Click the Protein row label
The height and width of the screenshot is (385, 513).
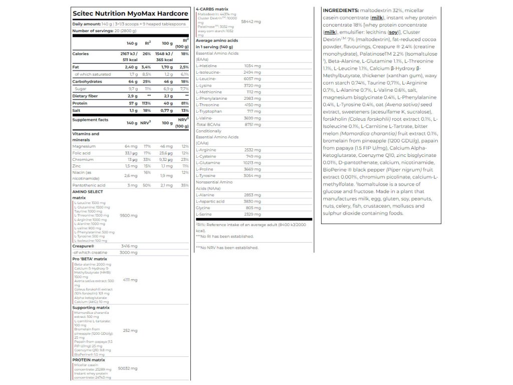point(80,102)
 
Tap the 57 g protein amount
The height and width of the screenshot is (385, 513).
point(132,102)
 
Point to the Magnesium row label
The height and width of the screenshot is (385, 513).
point(83,146)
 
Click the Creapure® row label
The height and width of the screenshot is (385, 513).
point(83,246)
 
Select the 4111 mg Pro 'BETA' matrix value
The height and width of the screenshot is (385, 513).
point(129,280)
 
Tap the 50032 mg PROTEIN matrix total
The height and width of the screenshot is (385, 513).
point(127,368)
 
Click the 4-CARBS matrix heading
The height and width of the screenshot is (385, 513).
point(212,9)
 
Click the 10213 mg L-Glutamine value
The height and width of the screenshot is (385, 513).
point(252,162)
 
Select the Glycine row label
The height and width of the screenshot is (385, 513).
point(203,208)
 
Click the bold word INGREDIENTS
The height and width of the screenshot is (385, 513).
point(341,10)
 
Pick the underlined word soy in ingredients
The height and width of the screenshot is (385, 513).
point(393,32)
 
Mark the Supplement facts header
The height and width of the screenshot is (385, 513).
point(91,120)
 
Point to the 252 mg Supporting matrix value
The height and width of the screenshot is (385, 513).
point(130,330)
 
